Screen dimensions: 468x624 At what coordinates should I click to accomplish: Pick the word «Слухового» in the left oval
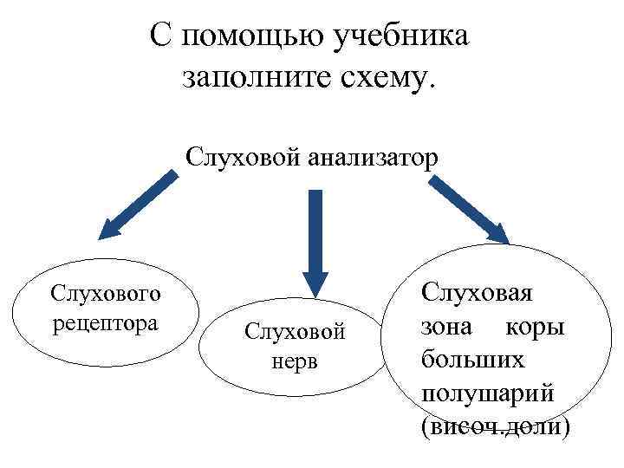(105, 295)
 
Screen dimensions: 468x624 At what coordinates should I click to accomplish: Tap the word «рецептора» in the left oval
(105, 323)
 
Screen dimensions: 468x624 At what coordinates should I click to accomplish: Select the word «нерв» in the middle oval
(296, 360)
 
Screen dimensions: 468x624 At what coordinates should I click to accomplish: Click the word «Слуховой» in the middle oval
(296, 332)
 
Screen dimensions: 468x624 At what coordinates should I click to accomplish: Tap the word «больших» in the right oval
(474, 360)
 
